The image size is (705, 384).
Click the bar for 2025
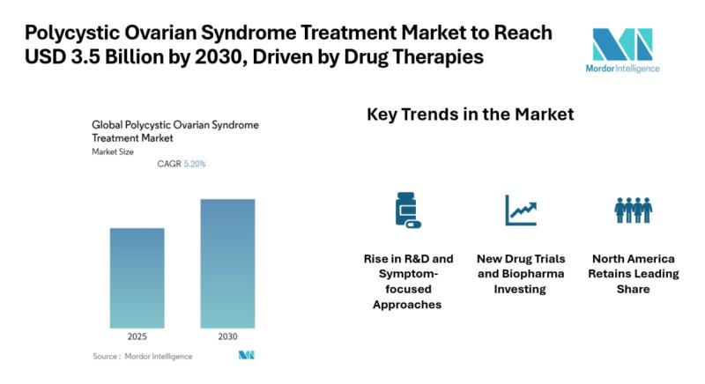(137, 277)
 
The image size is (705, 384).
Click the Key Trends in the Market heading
(470, 114)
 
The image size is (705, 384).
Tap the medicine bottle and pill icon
(406, 210)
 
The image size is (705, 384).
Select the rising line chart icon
(520, 210)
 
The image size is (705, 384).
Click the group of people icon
(633, 210)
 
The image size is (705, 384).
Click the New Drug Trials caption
(521, 274)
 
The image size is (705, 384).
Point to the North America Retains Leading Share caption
(633, 274)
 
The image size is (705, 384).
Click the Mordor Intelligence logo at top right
(622, 48)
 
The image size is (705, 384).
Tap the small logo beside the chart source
(246, 356)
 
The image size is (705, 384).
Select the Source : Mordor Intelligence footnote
(143, 356)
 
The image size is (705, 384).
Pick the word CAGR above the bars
(168, 164)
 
